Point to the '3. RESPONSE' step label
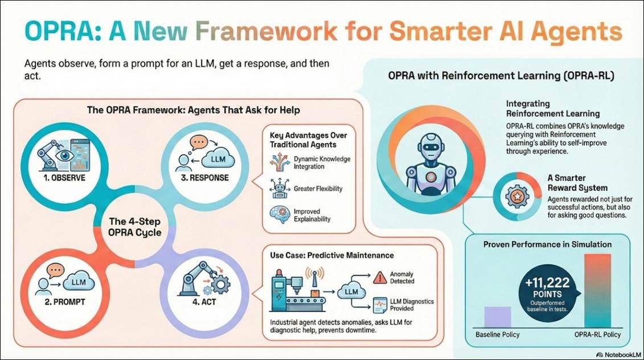205,177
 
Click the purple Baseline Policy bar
497,317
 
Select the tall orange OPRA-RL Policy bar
597,290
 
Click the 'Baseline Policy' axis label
497,335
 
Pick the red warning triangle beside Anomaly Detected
379,277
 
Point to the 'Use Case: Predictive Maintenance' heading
332,255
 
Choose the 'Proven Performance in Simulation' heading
547,244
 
